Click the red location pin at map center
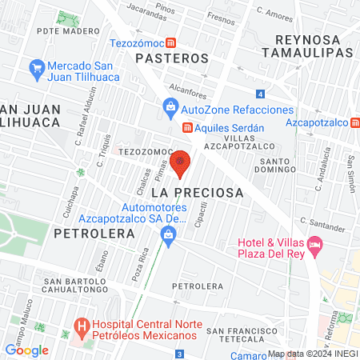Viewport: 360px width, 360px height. (x=181, y=163)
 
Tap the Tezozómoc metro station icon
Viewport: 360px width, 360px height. (x=183, y=42)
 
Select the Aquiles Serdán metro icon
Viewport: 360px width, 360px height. (x=187, y=127)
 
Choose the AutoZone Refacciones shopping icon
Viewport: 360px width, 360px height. (x=170, y=106)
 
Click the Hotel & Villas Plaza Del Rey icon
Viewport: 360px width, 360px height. (x=315, y=244)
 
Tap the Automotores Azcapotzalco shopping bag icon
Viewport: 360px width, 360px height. (x=168, y=234)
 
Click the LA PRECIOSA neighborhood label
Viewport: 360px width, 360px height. (x=197, y=193)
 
